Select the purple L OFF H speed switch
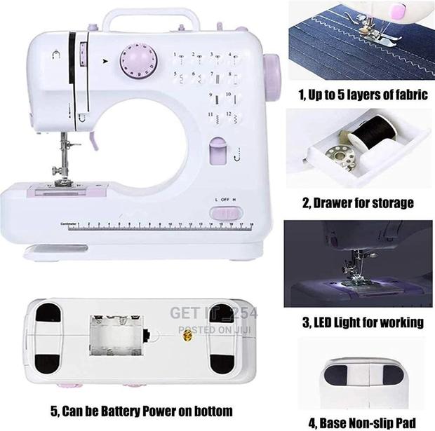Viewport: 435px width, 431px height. click(x=228, y=212)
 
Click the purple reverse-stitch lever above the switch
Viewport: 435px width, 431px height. click(x=217, y=150)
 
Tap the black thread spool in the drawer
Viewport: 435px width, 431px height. click(x=365, y=139)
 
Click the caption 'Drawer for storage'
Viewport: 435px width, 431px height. click(x=358, y=203)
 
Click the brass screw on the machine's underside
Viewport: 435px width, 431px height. click(x=187, y=336)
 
